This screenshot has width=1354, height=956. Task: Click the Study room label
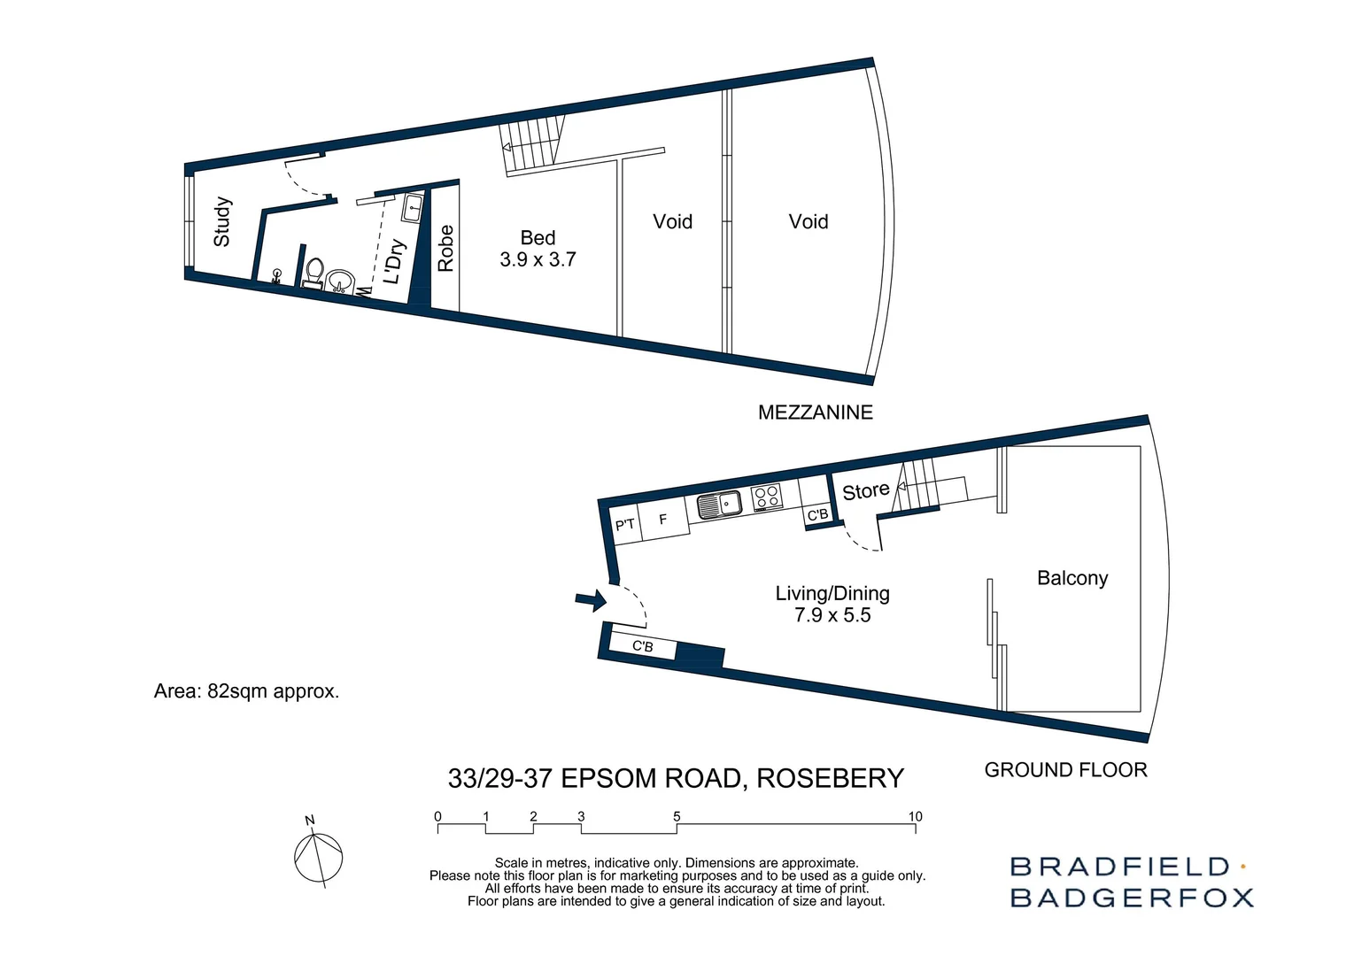(222, 222)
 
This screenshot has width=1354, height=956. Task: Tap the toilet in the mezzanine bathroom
(313, 271)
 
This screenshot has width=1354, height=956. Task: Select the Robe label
(445, 249)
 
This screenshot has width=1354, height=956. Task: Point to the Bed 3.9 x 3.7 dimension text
(538, 259)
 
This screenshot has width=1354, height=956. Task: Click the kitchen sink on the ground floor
(719, 505)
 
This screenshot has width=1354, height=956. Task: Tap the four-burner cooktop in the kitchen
(766, 498)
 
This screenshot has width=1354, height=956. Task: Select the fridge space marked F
(662, 520)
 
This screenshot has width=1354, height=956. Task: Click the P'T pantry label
(625, 525)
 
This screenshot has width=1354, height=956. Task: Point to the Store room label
(865, 491)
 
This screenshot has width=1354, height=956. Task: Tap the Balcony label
(1072, 578)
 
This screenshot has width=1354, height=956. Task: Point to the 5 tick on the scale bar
(677, 817)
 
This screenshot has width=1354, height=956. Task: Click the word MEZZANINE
(815, 412)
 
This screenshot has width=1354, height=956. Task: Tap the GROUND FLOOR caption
(1065, 770)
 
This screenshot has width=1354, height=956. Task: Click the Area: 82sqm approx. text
(246, 691)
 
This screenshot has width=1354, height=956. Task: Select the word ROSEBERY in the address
(830, 778)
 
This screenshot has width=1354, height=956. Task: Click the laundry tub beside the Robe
(414, 209)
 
